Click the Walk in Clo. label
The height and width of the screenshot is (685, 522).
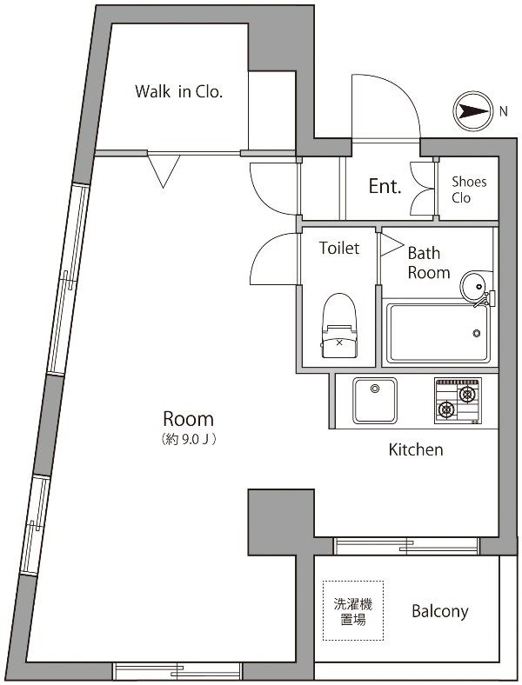[x=179, y=92]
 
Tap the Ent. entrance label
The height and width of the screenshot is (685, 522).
[x=385, y=187]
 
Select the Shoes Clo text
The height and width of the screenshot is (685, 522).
[x=469, y=190]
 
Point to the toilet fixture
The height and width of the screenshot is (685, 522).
[x=339, y=325]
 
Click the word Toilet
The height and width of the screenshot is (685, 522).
[x=338, y=248]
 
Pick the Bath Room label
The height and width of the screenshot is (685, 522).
[x=428, y=263]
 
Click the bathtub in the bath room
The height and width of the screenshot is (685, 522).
[x=438, y=333]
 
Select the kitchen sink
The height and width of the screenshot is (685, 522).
[x=375, y=401]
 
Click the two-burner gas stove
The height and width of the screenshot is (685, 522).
[x=458, y=401]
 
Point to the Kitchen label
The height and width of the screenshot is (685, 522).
[x=416, y=449]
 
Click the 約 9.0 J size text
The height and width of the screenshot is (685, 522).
[x=189, y=439]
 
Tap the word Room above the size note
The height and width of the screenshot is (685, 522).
[x=189, y=419]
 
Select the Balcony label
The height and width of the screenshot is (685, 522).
[x=440, y=611]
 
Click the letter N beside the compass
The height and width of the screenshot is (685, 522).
[x=504, y=111]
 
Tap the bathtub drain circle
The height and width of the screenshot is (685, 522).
[x=477, y=333]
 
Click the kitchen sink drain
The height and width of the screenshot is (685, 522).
[x=375, y=389]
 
